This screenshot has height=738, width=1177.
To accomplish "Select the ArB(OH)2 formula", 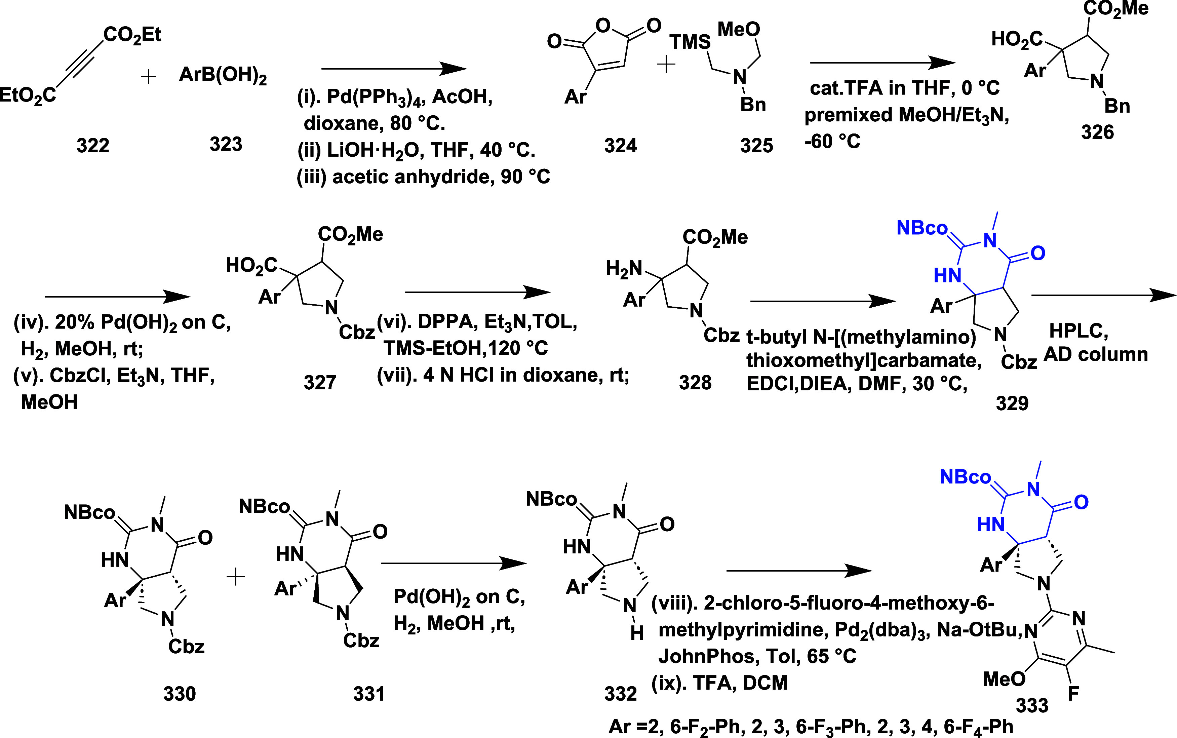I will click(223, 76).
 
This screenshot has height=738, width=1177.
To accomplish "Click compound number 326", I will click(1097, 132).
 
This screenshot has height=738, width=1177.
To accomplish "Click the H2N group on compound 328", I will click(624, 268).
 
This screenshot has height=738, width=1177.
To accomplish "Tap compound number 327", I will click(320, 382).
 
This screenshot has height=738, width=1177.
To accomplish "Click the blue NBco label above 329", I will click(922, 228).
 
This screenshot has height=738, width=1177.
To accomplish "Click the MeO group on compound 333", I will click(1003, 678).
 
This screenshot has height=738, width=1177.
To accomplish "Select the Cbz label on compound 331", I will click(361, 640).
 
